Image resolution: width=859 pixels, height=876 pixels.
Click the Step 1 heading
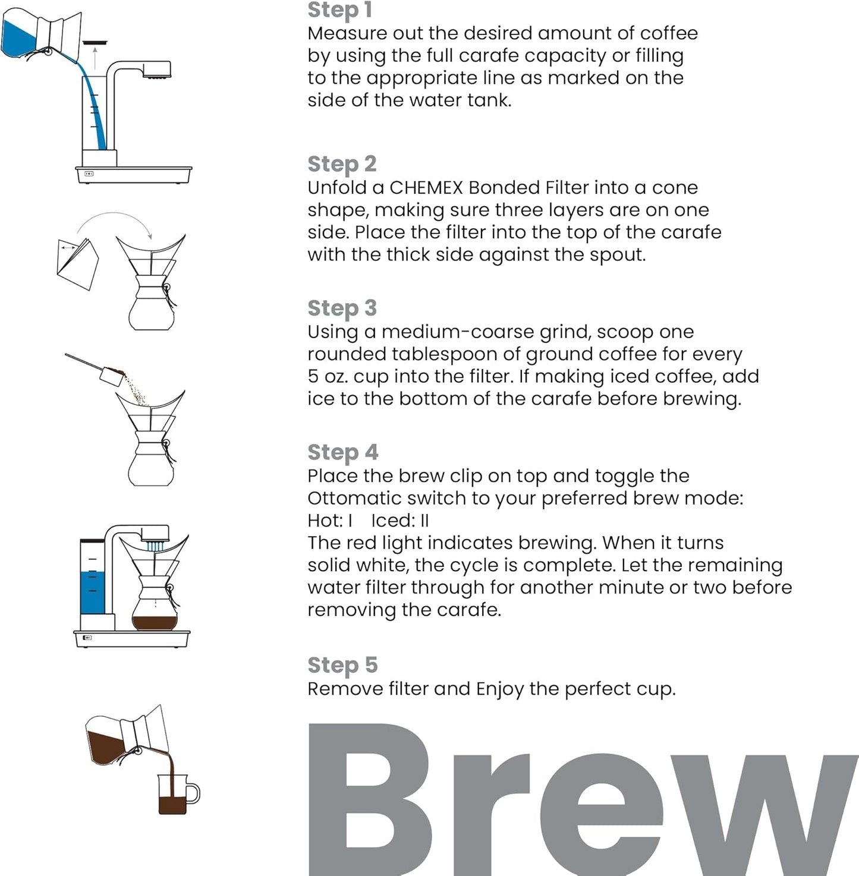(x=339, y=10)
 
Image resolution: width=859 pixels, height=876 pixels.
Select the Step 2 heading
(x=342, y=164)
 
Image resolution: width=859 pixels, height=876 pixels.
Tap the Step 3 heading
(x=342, y=308)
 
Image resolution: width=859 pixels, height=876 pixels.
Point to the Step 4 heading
(x=342, y=452)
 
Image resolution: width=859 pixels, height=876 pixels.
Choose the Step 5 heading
(x=342, y=665)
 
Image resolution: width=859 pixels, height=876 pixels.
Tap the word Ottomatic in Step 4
(x=350, y=498)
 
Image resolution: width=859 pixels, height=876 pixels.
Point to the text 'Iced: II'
(x=399, y=521)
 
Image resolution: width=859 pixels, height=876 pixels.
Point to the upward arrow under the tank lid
(x=95, y=58)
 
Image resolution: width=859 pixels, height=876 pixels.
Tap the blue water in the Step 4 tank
(x=92, y=592)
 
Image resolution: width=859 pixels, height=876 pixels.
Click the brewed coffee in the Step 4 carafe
(x=155, y=623)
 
